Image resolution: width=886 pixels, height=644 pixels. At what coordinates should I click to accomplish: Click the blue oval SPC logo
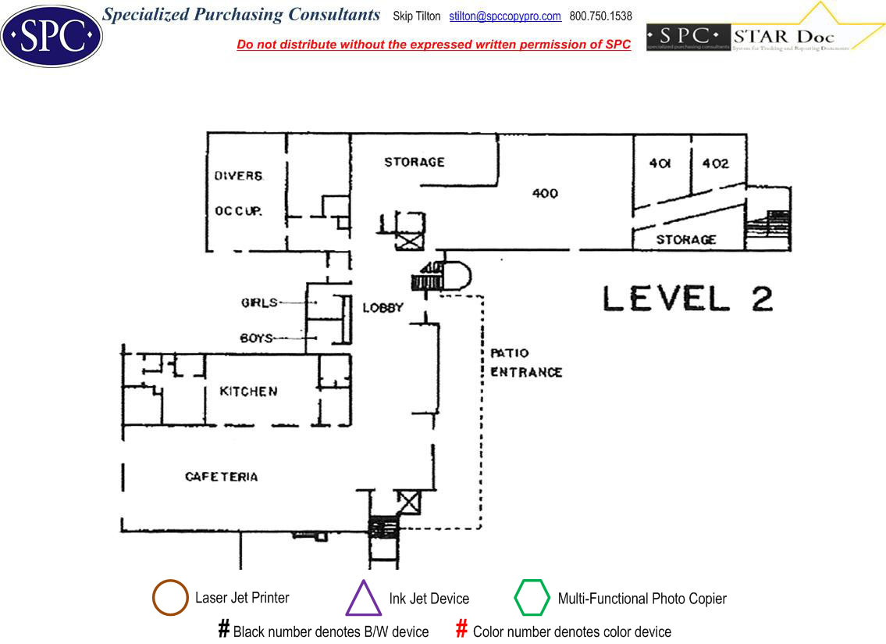[x=52, y=35]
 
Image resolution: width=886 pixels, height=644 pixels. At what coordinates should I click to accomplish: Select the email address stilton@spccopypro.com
[x=505, y=16]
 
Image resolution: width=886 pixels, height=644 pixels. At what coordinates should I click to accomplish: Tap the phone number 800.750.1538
[x=601, y=16]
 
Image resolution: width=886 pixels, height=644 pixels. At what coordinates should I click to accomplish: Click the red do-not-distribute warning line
[x=433, y=45]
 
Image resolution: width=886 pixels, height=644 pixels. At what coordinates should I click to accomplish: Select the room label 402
[x=715, y=163]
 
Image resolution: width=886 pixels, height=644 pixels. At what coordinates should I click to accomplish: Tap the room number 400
[x=545, y=193]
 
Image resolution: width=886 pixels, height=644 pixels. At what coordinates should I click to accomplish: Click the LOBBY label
[x=383, y=307]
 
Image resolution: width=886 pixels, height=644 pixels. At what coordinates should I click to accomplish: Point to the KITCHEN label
[x=248, y=391]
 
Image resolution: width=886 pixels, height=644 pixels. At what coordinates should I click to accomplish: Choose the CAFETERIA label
[x=222, y=476]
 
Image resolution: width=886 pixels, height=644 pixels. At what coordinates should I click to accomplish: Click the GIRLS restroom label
[x=259, y=302]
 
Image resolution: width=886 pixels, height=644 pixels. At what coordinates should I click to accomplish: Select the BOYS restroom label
[x=257, y=338]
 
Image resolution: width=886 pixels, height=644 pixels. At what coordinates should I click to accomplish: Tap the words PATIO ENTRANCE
[x=525, y=363]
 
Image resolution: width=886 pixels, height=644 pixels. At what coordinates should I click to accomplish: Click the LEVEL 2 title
[x=688, y=298]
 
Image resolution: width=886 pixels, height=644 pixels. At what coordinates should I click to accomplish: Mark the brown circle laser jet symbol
[x=170, y=598]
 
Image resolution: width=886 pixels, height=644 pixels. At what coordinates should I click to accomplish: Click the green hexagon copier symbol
[x=532, y=599]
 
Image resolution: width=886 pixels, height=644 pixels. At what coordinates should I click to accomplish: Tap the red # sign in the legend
[x=461, y=628]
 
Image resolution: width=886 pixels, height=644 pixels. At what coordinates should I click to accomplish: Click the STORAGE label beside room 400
[x=415, y=162]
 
